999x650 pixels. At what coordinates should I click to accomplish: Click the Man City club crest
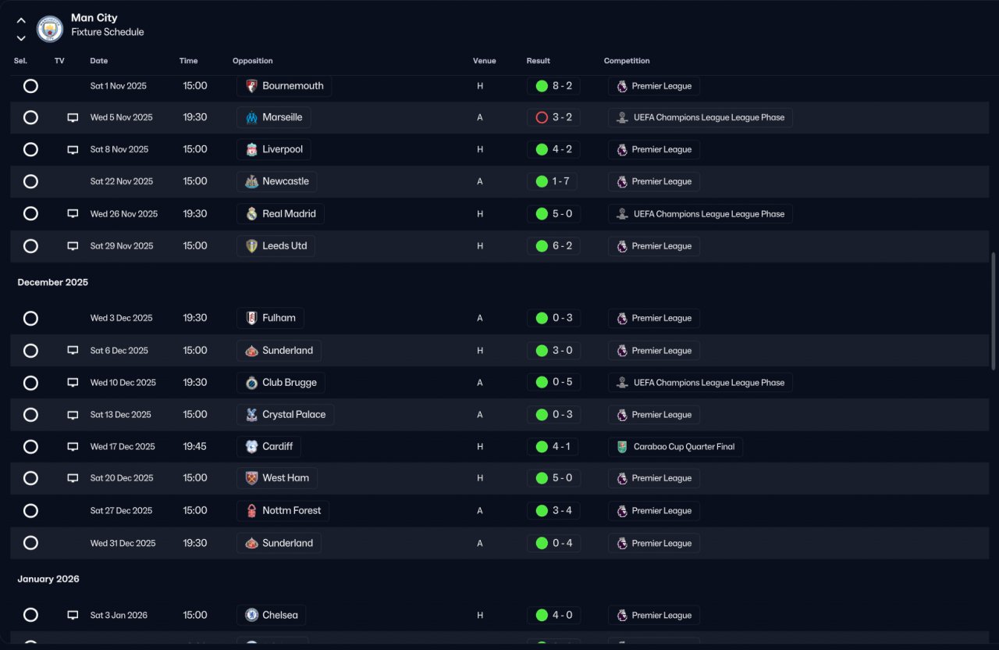click(49, 29)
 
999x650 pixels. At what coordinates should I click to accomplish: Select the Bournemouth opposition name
click(293, 86)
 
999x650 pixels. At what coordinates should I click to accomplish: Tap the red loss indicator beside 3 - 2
click(542, 117)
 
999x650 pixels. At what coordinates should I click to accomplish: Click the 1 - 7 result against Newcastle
click(560, 181)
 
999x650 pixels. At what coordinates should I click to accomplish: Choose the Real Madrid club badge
click(251, 214)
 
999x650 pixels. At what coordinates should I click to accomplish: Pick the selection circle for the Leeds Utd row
click(30, 246)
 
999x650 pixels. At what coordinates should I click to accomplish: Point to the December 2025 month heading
click(52, 282)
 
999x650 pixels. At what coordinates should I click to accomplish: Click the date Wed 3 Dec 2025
click(121, 318)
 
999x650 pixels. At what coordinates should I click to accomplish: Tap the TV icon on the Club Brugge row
click(73, 383)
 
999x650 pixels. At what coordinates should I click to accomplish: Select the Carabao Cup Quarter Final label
click(684, 446)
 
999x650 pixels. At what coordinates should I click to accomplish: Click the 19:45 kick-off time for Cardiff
click(194, 446)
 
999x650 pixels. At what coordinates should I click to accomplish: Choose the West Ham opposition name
click(286, 478)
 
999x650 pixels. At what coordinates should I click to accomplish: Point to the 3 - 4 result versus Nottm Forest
click(562, 510)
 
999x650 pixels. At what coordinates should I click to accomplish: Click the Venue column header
click(485, 61)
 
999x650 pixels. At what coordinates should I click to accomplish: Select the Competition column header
click(627, 61)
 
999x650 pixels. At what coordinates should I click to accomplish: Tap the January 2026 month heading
click(48, 579)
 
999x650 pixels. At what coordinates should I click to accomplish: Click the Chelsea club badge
click(251, 615)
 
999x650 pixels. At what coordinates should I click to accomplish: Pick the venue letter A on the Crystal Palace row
click(480, 415)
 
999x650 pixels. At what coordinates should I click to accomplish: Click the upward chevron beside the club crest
click(21, 20)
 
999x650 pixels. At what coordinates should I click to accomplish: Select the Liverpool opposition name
click(283, 149)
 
